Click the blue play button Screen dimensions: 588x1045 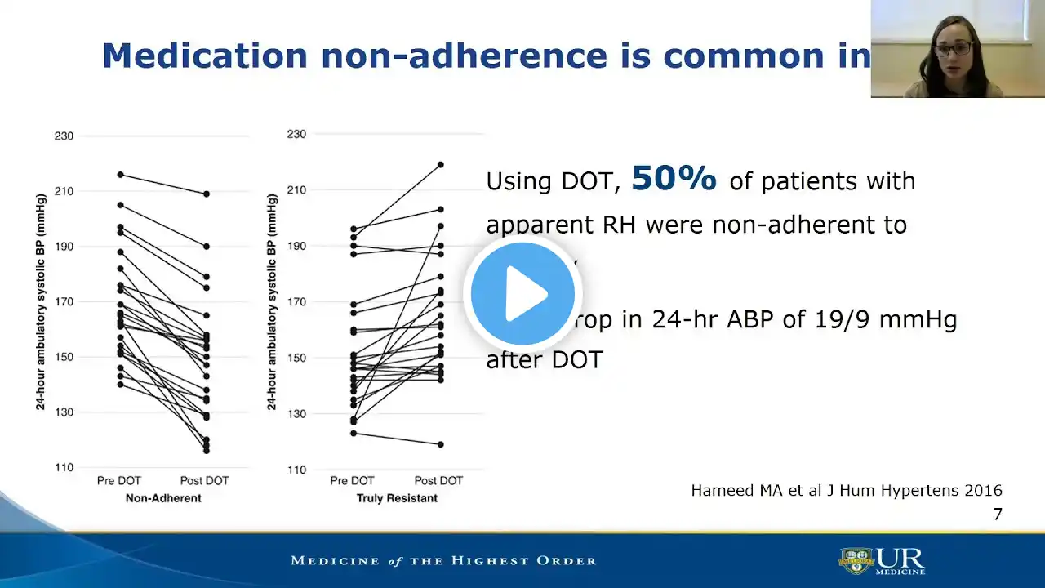tap(522, 293)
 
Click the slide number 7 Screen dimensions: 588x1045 tap(997, 514)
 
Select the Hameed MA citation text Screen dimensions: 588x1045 tap(847, 491)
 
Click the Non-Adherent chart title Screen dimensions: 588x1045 tap(163, 498)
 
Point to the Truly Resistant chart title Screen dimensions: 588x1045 tap(397, 498)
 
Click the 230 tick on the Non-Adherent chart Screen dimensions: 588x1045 tap(64, 136)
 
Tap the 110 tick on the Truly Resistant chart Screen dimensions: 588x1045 tap(296, 470)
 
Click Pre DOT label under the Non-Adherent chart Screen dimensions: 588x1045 tap(119, 480)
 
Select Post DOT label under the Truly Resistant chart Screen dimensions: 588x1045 tap(439, 480)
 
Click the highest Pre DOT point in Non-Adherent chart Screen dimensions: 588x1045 tap(121, 175)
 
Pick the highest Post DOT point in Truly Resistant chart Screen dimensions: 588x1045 tap(440, 164)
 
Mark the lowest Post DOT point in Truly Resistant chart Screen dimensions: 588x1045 tap(440, 444)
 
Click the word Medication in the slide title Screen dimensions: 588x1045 tap(205, 56)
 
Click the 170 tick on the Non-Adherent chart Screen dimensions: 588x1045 tap(64, 302)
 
